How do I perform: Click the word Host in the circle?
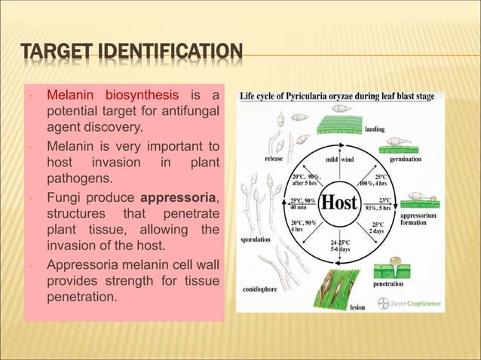point(341,203)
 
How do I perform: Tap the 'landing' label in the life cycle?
point(375,130)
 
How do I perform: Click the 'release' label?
point(274,159)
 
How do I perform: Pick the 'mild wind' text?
point(339,160)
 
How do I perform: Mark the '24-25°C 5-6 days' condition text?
point(341,246)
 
